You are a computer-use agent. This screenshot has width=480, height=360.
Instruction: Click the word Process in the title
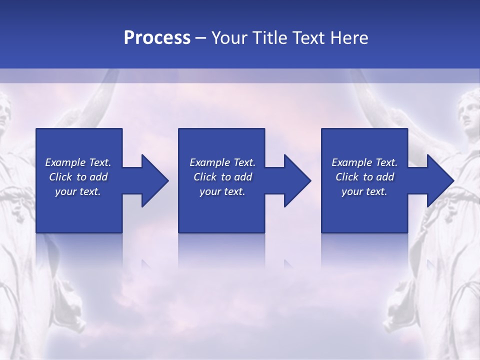pos(157,37)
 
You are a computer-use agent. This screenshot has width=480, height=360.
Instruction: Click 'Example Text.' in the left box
pos(78,162)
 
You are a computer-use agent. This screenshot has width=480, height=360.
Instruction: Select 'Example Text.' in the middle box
pos(222,162)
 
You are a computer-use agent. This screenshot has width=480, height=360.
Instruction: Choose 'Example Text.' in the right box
pos(364,162)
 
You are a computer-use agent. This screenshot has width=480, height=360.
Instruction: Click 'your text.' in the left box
pos(78,191)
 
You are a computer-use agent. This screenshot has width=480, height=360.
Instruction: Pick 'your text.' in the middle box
pos(222,191)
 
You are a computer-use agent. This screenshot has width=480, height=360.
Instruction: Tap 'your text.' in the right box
pos(364,191)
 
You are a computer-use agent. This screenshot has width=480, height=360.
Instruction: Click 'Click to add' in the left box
pos(78,177)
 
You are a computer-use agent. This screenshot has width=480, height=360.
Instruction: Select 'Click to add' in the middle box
pos(222,177)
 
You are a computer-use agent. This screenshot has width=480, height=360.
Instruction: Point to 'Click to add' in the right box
pos(364,177)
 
